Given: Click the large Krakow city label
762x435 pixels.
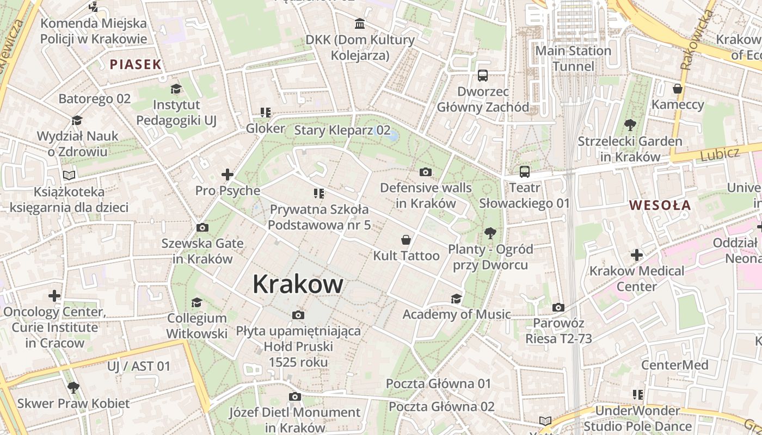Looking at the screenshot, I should click(298, 284).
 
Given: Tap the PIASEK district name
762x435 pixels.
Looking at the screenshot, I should click(136, 65).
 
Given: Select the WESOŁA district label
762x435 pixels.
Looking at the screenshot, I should click(660, 206).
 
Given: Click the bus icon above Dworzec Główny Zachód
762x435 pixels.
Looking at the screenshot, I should click(482, 76).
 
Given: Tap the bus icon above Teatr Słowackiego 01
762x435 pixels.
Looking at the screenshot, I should click(525, 172).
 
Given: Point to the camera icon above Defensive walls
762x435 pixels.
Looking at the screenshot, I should click(426, 172).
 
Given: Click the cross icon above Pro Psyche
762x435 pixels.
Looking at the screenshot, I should click(228, 175).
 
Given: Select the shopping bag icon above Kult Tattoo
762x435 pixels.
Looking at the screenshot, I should click(405, 240).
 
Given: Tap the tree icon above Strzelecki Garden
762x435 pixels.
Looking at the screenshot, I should click(630, 126).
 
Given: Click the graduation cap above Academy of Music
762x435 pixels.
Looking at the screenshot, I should click(456, 299).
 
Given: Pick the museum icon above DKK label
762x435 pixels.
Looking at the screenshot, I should click(360, 24).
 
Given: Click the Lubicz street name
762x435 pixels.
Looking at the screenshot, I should click(720, 154).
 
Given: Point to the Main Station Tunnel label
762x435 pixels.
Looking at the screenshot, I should click(573, 59).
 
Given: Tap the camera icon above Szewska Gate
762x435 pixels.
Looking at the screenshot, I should click(202, 228).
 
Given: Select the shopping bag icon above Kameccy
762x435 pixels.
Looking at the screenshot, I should click(678, 89).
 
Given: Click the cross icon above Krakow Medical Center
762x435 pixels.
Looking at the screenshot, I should click(637, 254).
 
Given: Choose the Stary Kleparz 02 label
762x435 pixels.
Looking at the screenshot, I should click(342, 130).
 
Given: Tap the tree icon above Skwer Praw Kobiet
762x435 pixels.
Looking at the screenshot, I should click(73, 388).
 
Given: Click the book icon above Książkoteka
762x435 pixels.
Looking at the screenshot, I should click(69, 175).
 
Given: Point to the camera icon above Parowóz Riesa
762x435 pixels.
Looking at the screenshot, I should click(558, 308).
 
